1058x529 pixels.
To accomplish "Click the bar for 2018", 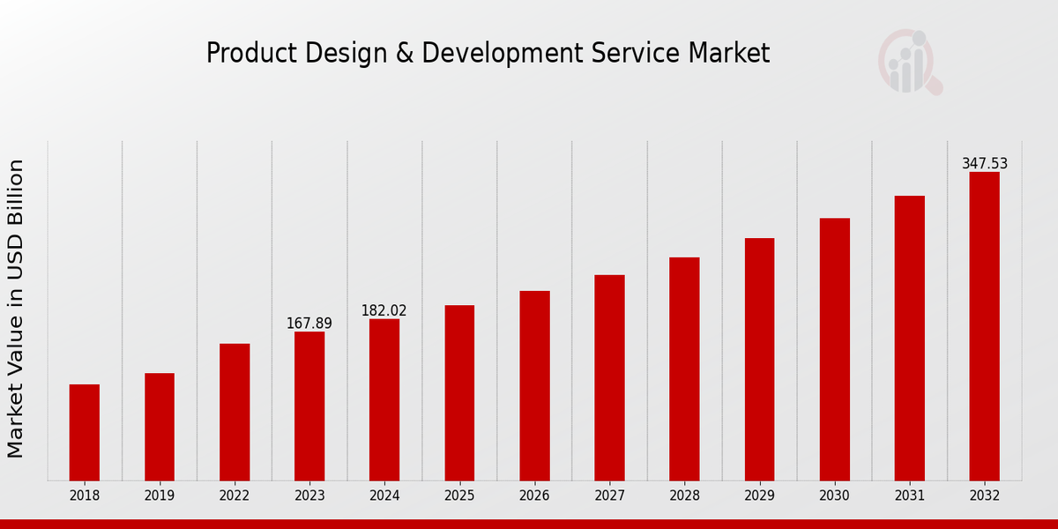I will tap(85, 432).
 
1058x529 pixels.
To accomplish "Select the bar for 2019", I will tap(160, 427).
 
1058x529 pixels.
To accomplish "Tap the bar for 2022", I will tap(235, 412).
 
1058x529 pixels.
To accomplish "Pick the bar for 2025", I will tap(459, 392).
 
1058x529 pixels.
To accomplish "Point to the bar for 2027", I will tap(609, 377).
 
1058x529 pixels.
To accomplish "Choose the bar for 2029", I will tap(759, 359).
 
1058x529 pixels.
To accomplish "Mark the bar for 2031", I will tap(909, 338).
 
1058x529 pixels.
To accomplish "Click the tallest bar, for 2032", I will tap(984, 326).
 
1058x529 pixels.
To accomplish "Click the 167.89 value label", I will tap(309, 324).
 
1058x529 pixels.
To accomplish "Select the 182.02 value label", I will tap(384, 310).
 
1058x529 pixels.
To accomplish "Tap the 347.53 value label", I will tap(984, 164).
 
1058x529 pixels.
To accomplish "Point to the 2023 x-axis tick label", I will tap(309, 495).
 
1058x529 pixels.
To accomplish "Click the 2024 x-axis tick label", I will tap(384, 495).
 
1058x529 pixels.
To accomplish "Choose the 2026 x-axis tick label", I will tap(534, 495).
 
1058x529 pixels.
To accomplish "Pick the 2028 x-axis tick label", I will tap(684, 495).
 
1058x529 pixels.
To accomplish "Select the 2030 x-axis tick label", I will tap(834, 495).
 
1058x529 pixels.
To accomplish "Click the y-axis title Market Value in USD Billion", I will tap(16, 309).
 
